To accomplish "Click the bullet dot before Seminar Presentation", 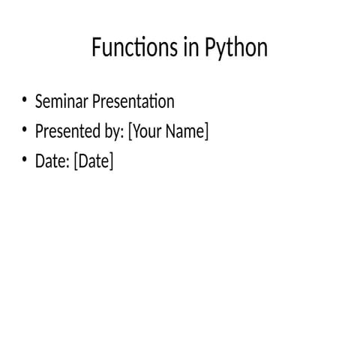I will click(x=24, y=100).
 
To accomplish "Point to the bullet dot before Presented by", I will click(x=24, y=130).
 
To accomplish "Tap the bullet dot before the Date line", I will click(x=24, y=160).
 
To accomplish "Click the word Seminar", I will click(x=61, y=101).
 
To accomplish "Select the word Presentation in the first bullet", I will click(x=133, y=101).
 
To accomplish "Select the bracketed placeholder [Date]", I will click(x=94, y=161).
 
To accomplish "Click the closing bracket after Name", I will click(x=206, y=132).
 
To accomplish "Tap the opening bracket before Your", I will click(x=130, y=132).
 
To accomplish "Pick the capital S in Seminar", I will click(x=39, y=101).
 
